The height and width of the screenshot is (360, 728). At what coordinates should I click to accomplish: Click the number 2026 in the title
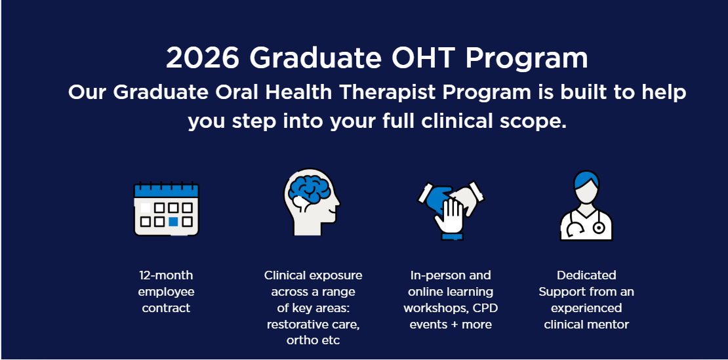(x=203, y=58)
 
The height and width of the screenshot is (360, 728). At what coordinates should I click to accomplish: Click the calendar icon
(x=166, y=209)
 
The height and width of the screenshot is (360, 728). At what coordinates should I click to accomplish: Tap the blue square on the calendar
(x=173, y=222)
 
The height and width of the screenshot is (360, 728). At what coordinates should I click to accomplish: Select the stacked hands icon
(x=451, y=210)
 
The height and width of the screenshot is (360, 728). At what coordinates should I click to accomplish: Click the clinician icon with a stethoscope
(x=586, y=205)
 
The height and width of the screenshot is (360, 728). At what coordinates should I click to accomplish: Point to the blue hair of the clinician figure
(x=586, y=178)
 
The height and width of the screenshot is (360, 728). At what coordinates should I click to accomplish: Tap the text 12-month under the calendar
(x=166, y=275)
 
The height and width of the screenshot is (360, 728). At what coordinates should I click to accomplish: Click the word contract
(x=166, y=308)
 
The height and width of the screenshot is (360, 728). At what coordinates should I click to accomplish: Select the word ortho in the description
(x=300, y=340)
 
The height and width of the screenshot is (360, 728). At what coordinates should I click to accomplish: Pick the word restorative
(x=298, y=325)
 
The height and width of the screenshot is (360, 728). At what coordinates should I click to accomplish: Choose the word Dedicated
(x=586, y=275)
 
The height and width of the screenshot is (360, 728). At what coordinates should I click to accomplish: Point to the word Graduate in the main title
(x=315, y=58)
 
